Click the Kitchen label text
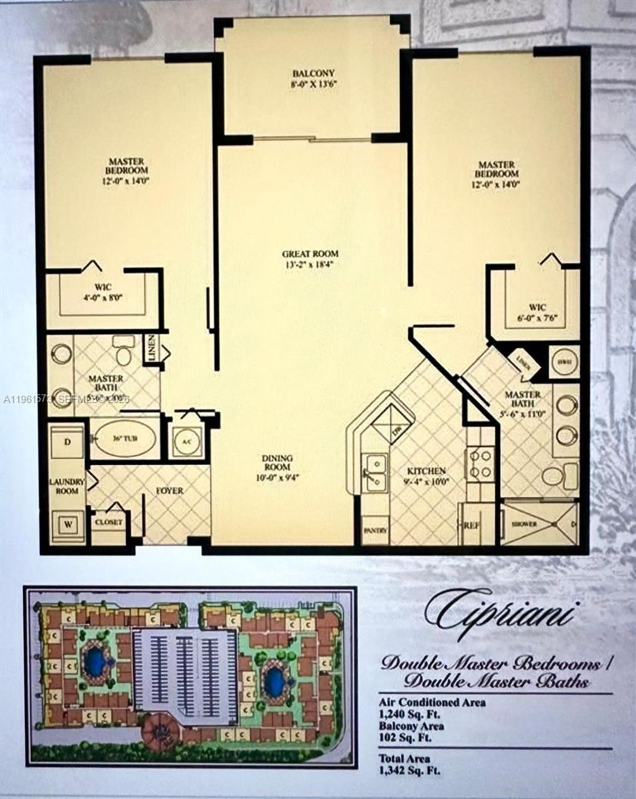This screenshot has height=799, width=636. (427, 475)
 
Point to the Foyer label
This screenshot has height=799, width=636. (169, 490)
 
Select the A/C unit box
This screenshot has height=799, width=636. (186, 442)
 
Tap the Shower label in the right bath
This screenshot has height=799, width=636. (524, 524)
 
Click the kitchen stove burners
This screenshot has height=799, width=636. (480, 464)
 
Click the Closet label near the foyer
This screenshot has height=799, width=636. (108, 522)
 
